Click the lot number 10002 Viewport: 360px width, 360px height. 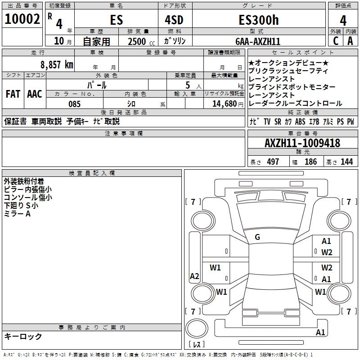(22, 19)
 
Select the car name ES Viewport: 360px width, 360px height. (116, 20)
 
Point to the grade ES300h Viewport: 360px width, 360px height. (258, 20)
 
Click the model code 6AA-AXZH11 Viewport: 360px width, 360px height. (258, 41)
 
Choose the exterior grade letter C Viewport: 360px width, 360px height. (335, 41)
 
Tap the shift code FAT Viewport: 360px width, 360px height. (13, 94)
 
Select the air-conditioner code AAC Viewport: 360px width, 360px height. (35, 94)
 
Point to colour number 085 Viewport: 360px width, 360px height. (75, 104)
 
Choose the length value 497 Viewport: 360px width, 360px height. (273, 162)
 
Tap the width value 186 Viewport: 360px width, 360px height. (310, 162)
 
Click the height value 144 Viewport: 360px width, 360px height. (346, 162)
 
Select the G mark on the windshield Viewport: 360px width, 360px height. (257, 237)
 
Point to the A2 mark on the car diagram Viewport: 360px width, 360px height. (194, 276)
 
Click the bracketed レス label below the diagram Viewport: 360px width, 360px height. (197, 345)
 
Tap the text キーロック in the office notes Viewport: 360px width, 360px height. (23, 337)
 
